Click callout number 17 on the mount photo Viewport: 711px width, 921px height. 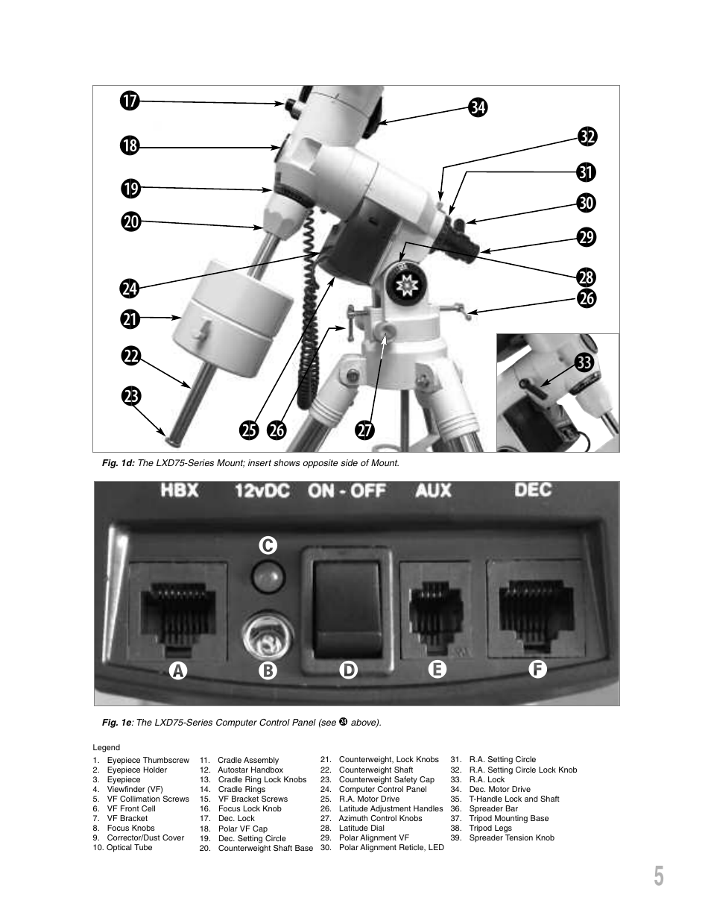[130, 101]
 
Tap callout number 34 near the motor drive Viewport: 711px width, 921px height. [478, 107]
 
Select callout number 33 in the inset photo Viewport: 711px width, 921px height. [584, 363]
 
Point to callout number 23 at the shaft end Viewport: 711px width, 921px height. [130, 396]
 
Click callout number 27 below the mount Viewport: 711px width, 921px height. [364, 430]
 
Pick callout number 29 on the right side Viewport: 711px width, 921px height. [587, 238]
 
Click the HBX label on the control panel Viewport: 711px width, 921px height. [179, 491]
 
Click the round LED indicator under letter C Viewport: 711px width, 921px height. [268, 576]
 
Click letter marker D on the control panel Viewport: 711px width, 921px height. [348, 670]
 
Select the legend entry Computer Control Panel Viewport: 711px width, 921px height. [382, 789]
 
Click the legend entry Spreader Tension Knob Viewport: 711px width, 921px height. [511, 837]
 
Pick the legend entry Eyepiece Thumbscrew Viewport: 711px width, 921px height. [148, 760]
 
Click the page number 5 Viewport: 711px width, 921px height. [658, 877]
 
